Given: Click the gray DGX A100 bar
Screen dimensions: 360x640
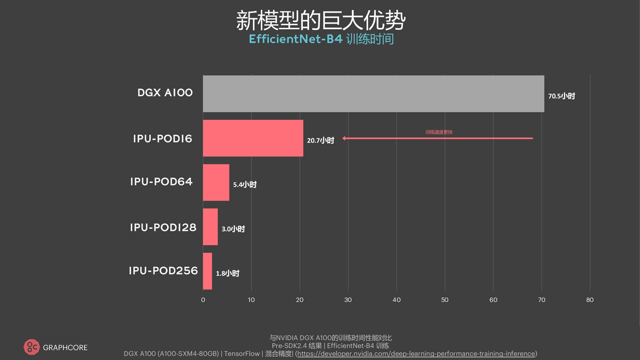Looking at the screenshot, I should coord(373,93).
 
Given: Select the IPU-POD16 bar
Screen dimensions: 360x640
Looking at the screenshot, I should coord(253,138).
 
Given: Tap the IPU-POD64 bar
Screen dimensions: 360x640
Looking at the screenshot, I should coord(216,182).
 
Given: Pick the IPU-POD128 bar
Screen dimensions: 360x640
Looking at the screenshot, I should coord(210,226).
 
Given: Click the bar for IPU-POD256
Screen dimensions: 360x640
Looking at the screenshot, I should coord(207,271).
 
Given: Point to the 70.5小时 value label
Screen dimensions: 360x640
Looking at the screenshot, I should coord(561,96).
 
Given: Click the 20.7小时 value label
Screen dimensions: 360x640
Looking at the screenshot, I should coord(320,140).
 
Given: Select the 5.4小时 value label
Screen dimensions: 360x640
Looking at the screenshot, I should coord(244,184).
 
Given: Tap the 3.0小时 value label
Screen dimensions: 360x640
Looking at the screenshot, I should coord(233,229).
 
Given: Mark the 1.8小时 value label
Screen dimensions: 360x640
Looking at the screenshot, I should coord(227,273).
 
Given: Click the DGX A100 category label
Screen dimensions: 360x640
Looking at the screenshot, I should coord(165,93).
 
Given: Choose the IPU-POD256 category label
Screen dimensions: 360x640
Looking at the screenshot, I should coord(163,271).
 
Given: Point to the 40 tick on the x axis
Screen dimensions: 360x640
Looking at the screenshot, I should coord(396,300).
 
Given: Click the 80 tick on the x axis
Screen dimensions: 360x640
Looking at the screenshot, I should coord(590,300).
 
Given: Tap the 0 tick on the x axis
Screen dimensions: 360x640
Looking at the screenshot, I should coord(203,300).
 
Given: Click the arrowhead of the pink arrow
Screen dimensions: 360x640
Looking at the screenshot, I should coord(344,138).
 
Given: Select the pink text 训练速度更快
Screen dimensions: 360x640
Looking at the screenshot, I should coord(439,132).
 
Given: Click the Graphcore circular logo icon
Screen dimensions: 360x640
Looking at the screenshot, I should coord(31,347).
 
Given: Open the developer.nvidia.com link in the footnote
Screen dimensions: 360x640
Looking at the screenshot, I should coord(416,353).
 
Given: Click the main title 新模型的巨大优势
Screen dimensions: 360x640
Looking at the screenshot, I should coord(320,21).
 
